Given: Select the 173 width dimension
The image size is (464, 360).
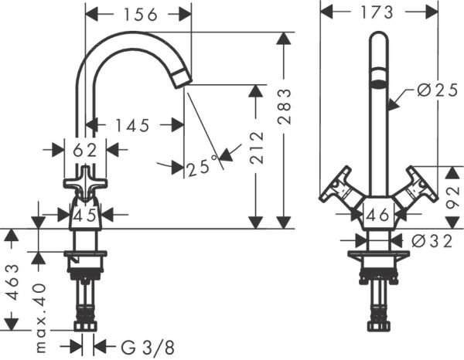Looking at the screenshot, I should tap(377, 12).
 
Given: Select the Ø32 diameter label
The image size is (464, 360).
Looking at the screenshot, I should tap(431, 240).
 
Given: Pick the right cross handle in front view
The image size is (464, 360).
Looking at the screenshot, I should tap(418, 188).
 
